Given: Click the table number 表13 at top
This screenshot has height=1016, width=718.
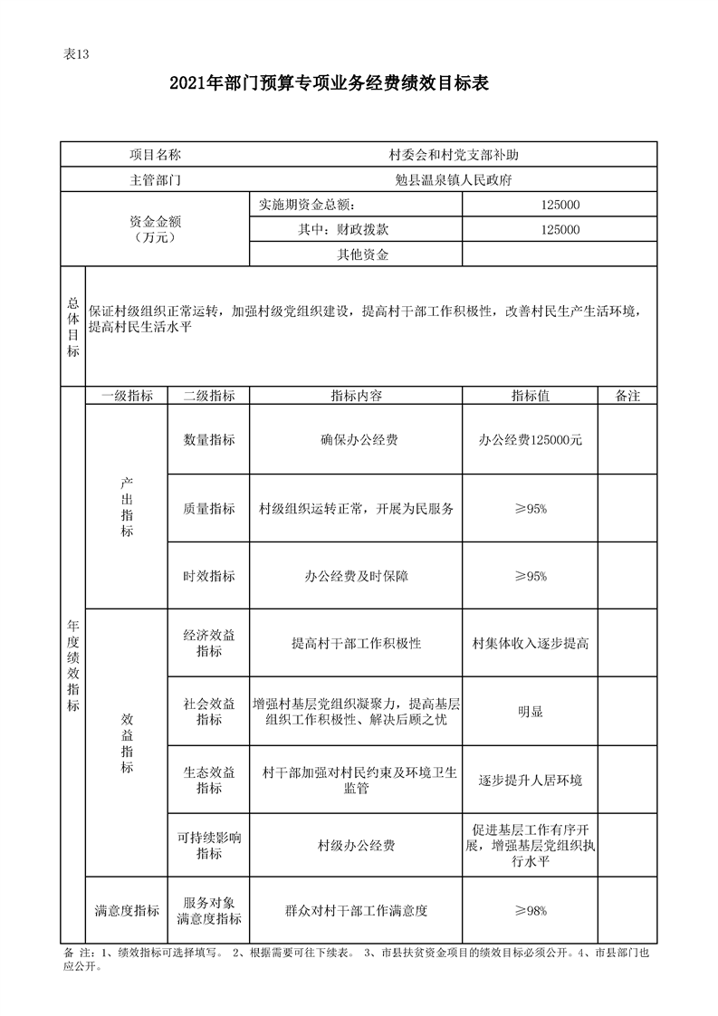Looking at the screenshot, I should click(76, 53).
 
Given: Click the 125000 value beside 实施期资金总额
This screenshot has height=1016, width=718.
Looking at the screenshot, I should click(560, 206).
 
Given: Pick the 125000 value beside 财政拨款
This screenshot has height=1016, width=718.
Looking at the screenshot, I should click(560, 230).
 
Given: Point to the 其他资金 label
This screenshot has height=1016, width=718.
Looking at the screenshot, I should click(363, 255).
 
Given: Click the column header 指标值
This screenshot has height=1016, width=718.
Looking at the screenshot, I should click(530, 396).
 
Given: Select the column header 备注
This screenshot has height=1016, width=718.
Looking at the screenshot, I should click(627, 396).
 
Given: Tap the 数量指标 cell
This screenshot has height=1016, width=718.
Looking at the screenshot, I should click(209, 440).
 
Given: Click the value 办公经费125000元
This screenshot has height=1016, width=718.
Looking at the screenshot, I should click(530, 440).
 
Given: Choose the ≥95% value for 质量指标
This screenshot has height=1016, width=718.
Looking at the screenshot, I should click(530, 509).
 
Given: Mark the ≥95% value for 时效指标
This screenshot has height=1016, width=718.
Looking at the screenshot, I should click(530, 576).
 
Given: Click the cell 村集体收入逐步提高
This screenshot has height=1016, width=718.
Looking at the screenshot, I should click(530, 644).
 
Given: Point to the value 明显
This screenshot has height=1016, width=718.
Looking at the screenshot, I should click(530, 712).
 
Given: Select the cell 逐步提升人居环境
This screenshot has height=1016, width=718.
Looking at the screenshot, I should click(530, 781).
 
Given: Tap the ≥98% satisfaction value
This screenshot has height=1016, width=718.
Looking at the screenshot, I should click(530, 911).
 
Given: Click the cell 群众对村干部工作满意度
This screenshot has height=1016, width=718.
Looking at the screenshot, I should click(356, 911).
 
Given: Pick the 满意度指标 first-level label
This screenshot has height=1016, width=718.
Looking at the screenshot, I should click(127, 911).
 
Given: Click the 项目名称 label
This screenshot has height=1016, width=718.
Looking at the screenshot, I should click(155, 155).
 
